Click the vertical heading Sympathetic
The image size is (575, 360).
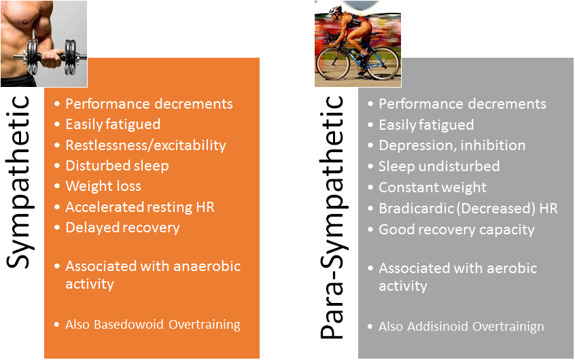20,182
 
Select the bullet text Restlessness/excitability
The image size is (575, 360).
145,145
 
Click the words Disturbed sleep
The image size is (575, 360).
117,166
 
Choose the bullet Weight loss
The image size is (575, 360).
103,186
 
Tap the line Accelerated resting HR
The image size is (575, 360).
139,207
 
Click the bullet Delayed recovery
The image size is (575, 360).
122,228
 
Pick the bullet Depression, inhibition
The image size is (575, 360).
451,145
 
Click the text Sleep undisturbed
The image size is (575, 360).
438,166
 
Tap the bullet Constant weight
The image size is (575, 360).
432,187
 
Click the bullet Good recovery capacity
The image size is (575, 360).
456,230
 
